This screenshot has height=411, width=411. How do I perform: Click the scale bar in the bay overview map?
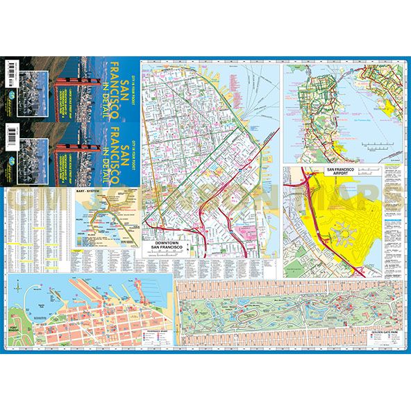378,145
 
